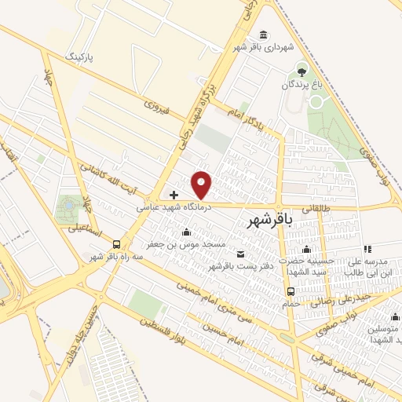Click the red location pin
(202, 185)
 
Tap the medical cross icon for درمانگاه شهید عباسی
(174, 194)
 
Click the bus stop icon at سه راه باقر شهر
(117, 243)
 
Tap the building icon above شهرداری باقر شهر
(262, 35)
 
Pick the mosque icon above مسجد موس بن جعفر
(186, 232)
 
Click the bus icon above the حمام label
(291, 291)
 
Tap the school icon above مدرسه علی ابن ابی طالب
(367, 249)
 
